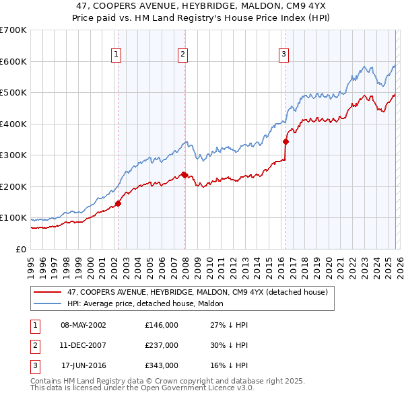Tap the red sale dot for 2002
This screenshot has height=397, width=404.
coord(118,203)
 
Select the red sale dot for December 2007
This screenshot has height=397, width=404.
coord(184,175)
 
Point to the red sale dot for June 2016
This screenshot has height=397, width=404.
coord(285,142)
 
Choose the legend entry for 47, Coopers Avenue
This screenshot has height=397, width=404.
coord(197,292)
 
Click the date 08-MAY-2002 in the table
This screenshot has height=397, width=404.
coord(83,324)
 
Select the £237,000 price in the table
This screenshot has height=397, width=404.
coord(162,345)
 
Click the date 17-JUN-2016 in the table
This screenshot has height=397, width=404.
coord(83,366)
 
